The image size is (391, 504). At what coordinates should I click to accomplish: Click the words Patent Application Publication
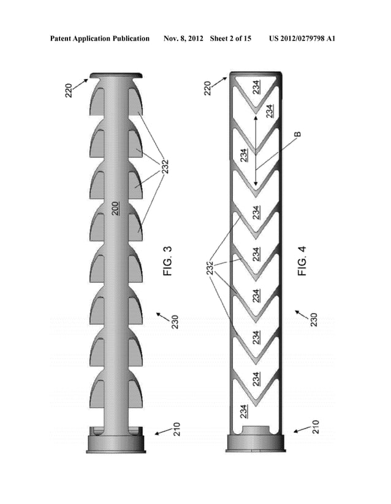tap(100, 39)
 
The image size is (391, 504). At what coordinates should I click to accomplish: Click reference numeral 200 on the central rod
tap(116, 208)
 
